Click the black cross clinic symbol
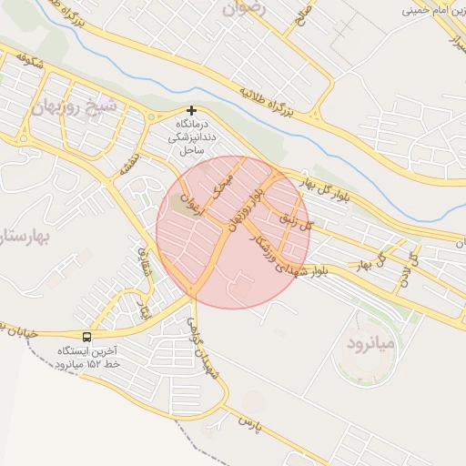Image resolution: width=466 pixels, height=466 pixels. (191, 110)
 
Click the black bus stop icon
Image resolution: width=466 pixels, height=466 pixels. (86, 336)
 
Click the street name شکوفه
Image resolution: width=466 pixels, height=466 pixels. (30, 63)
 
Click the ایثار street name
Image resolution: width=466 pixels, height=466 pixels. (142, 309)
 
